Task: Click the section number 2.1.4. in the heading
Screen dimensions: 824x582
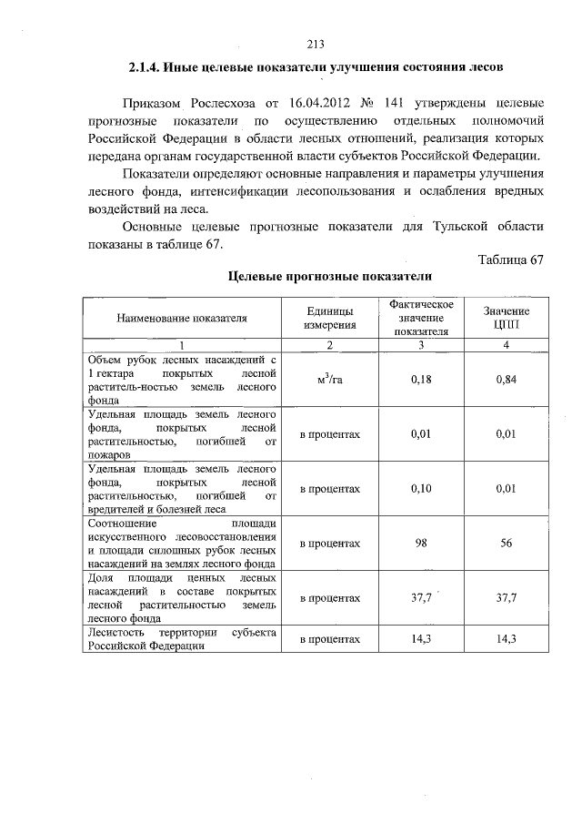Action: (148, 68)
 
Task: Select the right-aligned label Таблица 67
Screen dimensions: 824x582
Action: (510, 259)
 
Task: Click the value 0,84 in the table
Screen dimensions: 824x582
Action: (507, 380)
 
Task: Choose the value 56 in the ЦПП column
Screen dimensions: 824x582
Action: (507, 544)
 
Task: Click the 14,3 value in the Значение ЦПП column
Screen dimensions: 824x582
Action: (507, 639)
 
